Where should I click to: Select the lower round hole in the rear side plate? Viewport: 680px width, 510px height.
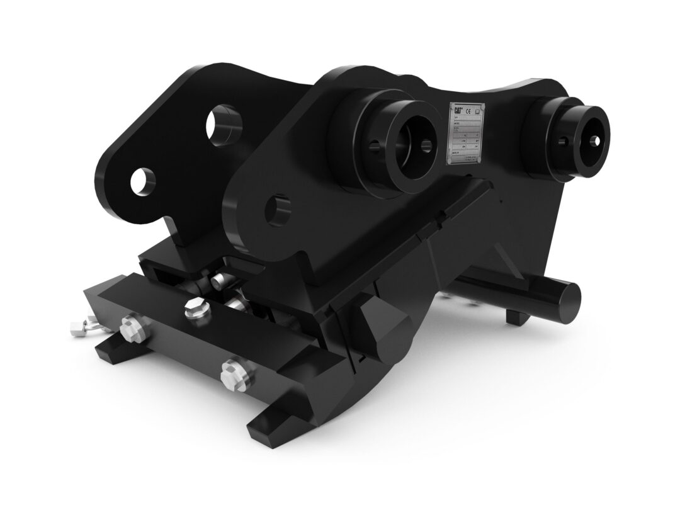(x=143, y=180)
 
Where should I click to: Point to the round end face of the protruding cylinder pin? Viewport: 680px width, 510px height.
(x=570, y=295)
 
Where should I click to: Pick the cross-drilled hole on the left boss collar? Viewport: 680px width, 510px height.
(x=375, y=146)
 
